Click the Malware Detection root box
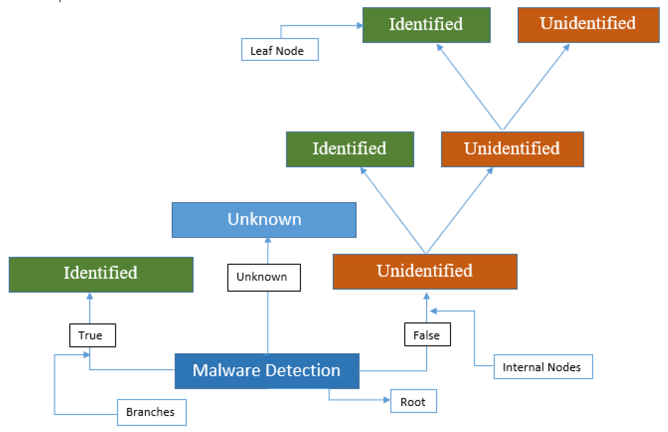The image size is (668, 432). [x=267, y=371]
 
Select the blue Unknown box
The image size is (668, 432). [x=264, y=220]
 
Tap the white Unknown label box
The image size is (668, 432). [x=264, y=277]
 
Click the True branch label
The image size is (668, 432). [x=92, y=335]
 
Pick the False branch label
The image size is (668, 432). [x=427, y=334]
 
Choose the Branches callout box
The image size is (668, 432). [x=152, y=412]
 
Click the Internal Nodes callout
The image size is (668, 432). [x=543, y=367]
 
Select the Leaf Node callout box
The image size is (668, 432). [x=280, y=50]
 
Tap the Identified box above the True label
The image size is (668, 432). [x=101, y=274]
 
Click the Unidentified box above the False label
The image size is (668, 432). [x=425, y=272]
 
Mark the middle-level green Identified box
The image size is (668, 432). [x=350, y=149]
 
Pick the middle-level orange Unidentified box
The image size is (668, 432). [x=512, y=149]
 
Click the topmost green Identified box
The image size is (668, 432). [x=426, y=25]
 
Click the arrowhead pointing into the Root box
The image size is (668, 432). [x=387, y=400]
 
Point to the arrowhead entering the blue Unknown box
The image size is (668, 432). [x=268, y=240]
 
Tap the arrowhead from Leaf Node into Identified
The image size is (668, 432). [x=359, y=25]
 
